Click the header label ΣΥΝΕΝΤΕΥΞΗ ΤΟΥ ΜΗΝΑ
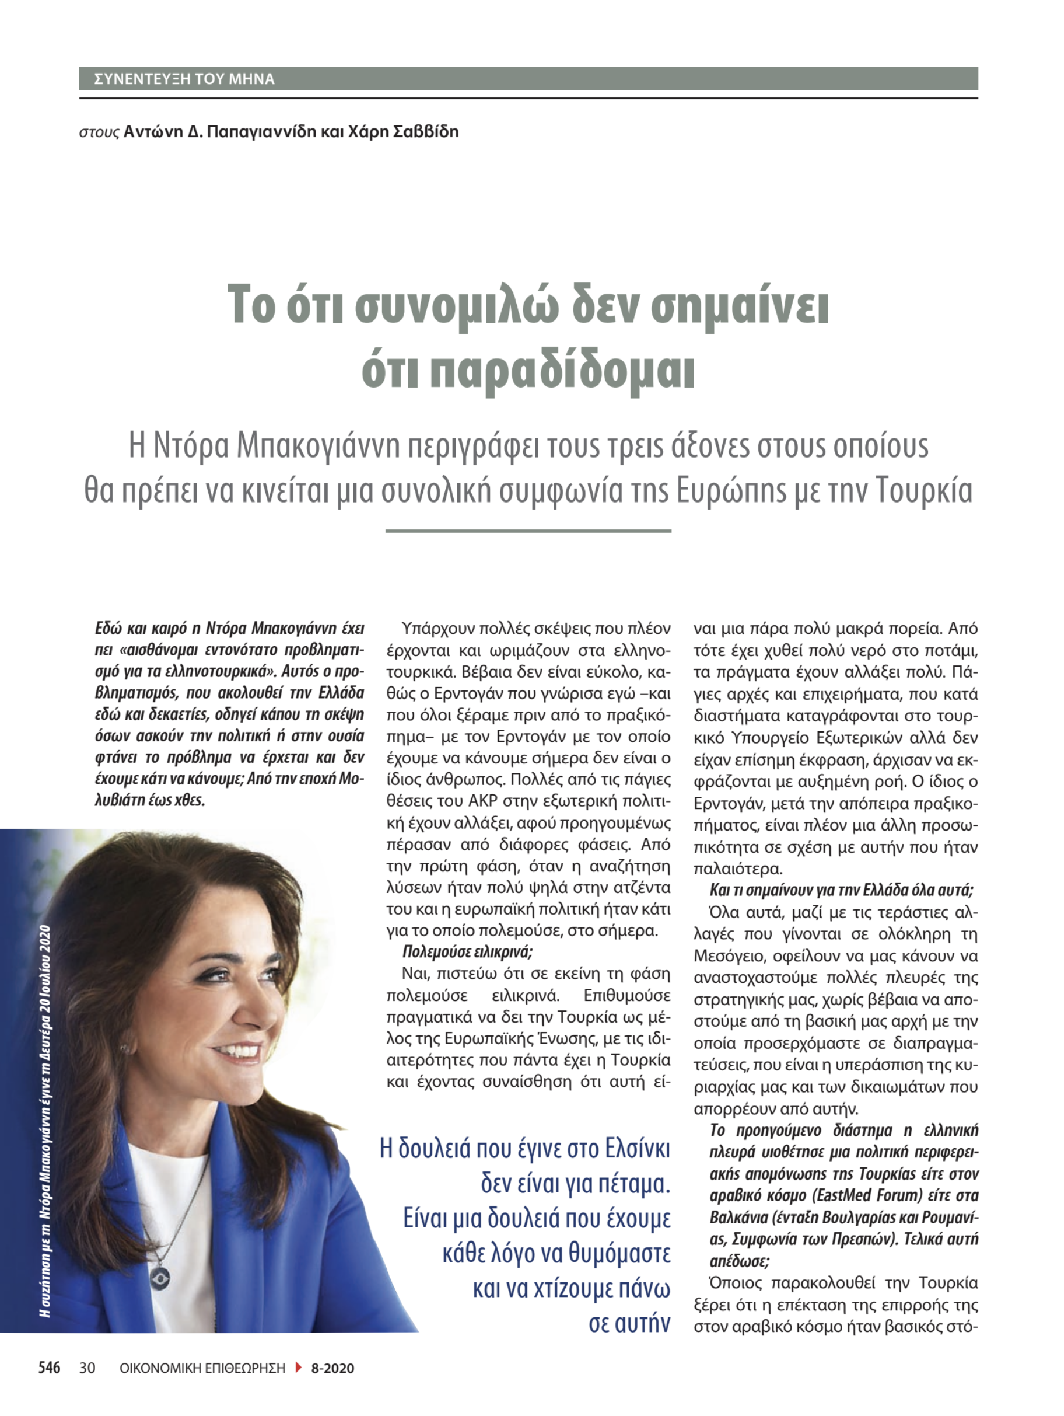[184, 79]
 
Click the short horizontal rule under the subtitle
[528, 531]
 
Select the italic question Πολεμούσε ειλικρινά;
[467, 952]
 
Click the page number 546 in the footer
[49, 1368]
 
